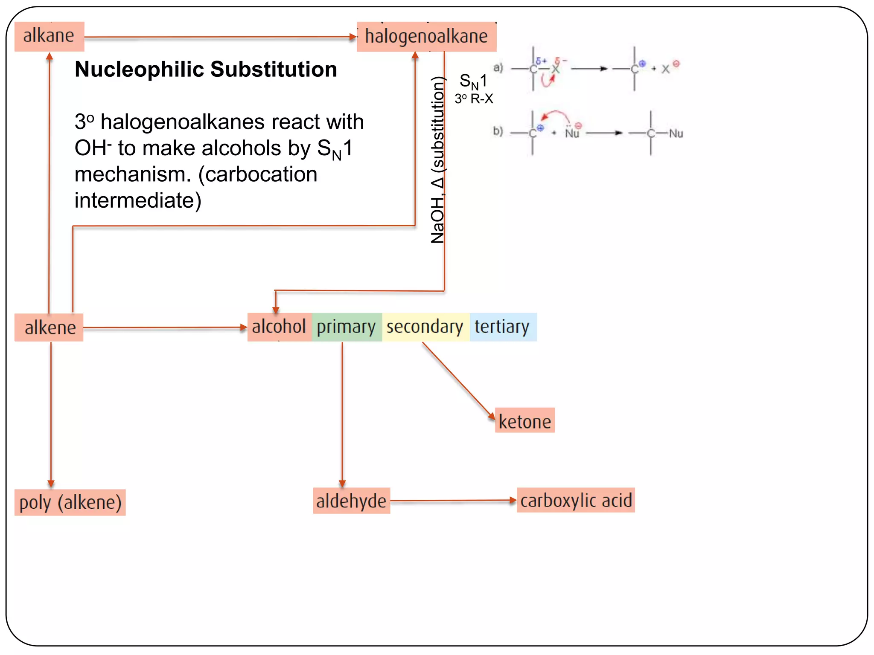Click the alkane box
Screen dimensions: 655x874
[49, 36]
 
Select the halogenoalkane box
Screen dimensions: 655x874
[426, 36]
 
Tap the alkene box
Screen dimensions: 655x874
[49, 327]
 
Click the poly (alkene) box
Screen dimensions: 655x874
[70, 502]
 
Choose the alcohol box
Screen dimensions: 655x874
[279, 327]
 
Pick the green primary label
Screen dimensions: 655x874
[346, 327]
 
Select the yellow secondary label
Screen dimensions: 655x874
[425, 327]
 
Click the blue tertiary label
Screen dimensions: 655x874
[502, 327]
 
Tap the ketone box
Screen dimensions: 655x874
[524, 421]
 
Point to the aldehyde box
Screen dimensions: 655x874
[351, 501]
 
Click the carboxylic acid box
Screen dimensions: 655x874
[576, 500]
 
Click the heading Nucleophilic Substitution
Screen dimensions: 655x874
[206, 69]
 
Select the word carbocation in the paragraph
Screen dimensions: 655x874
[258, 174]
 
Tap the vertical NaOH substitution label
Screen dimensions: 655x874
[437, 160]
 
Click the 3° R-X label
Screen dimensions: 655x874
[474, 99]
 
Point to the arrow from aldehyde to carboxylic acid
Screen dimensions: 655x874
[452, 501]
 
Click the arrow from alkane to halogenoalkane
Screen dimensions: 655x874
[220, 38]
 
